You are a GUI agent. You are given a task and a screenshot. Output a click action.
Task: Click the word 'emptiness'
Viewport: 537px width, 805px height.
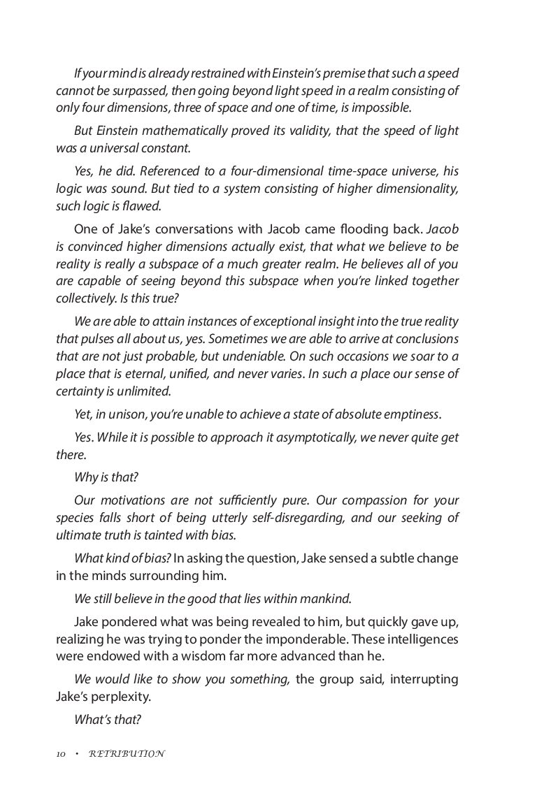(x=410, y=414)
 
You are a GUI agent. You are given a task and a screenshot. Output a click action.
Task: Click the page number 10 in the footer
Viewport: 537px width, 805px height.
(x=61, y=754)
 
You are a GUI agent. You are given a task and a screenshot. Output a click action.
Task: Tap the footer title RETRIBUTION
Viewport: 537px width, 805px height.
(x=127, y=754)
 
